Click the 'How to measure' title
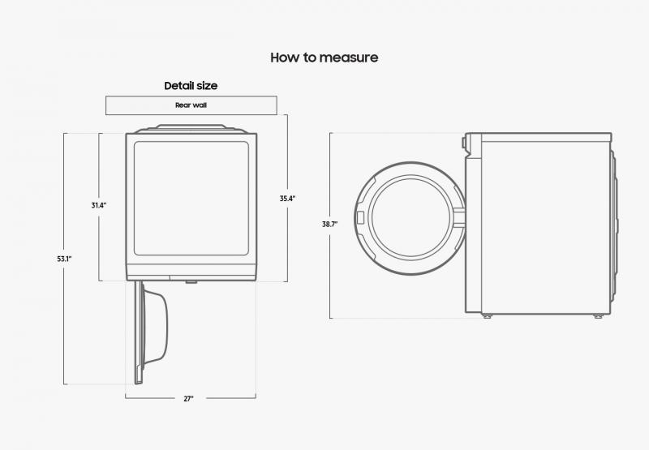(324, 58)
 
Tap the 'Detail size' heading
(191, 86)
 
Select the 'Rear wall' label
(191, 105)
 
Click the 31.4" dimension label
(99, 205)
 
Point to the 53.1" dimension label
(65, 259)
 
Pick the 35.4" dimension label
(287, 199)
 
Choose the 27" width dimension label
(188, 399)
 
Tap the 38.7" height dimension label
(330, 224)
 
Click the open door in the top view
(151, 332)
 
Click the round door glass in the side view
(411, 218)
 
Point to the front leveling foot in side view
(488, 316)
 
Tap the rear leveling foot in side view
(598, 316)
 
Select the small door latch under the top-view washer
(191, 282)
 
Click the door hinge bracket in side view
(460, 218)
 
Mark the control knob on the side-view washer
(464, 143)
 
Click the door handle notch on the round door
(360, 218)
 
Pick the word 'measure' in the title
(349, 58)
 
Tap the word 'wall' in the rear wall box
(200, 105)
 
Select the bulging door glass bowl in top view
(156, 327)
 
